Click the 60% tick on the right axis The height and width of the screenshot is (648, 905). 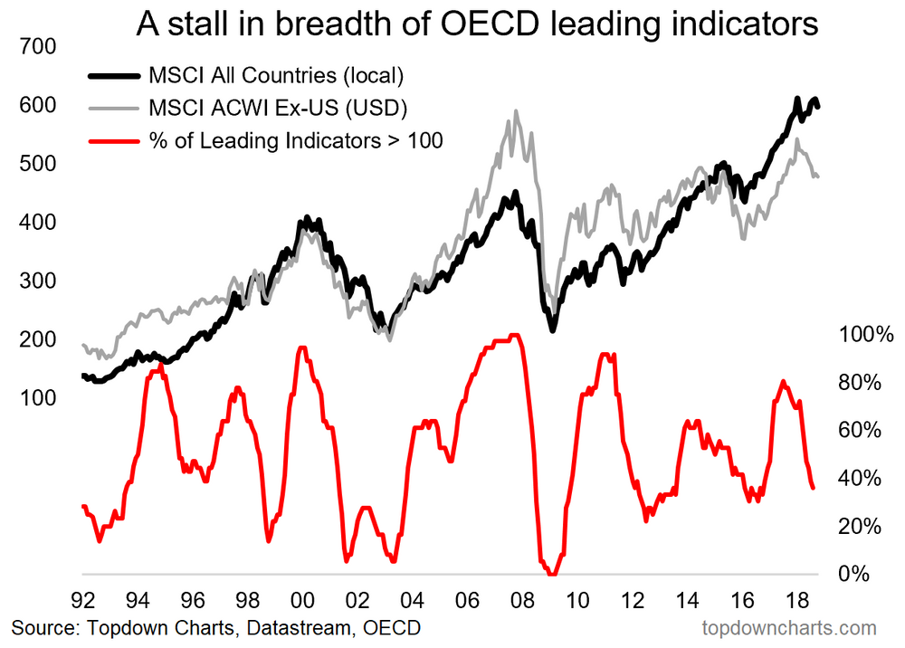click(860, 430)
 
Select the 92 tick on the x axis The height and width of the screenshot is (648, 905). click(82, 599)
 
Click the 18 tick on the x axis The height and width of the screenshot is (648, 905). click(796, 599)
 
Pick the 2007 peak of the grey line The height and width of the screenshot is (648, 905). click(516, 112)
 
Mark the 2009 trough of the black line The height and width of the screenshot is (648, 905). click(552, 329)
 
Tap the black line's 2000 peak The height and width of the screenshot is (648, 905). click(307, 218)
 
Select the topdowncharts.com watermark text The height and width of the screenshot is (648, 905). click(789, 627)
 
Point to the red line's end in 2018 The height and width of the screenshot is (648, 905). click(813, 488)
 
